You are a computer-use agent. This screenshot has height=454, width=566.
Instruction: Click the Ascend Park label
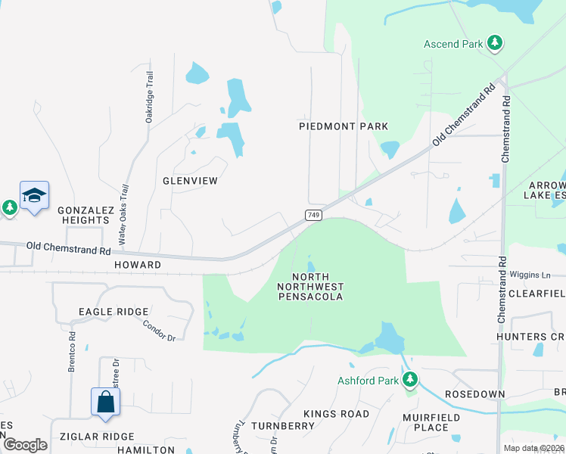(452, 44)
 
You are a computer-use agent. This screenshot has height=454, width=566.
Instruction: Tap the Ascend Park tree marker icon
(495, 42)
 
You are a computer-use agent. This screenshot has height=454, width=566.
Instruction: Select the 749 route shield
(313, 216)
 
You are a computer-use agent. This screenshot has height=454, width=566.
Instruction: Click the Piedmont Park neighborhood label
(343, 126)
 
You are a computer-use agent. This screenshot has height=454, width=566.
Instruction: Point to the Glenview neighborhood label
(190, 181)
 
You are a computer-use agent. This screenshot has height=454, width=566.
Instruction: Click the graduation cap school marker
(34, 196)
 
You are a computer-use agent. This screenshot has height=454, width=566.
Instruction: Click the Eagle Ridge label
(112, 312)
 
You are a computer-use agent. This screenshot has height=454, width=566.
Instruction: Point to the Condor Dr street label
(159, 329)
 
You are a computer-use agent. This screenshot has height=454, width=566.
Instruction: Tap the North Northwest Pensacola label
(310, 287)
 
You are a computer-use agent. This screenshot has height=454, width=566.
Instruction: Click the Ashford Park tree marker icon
(410, 378)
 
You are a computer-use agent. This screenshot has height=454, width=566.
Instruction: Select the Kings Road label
(336, 414)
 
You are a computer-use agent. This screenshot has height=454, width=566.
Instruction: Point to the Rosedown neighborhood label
(469, 395)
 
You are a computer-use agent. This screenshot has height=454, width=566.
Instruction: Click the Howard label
(138, 265)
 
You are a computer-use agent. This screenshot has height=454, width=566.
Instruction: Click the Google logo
(25, 445)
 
